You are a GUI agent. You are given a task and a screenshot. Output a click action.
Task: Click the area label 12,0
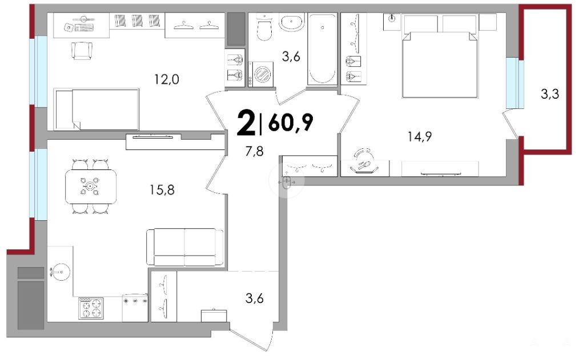coord(167,79)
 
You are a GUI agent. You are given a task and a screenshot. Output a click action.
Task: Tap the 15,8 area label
coord(162,190)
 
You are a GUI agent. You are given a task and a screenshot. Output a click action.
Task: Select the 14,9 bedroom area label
coord(419,137)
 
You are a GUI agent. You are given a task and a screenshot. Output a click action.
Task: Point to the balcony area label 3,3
coord(550,94)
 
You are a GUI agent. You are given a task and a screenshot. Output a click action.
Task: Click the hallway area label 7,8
coord(255,151)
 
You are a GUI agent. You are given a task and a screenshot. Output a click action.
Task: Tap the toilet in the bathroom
coord(265,27)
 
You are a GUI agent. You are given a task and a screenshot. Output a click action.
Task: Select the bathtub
coord(323,49)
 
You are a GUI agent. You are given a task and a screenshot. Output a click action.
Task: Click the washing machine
coord(260,74)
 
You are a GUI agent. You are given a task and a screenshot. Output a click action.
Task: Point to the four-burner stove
coord(91,308)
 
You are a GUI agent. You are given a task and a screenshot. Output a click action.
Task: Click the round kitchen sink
coord(60,272)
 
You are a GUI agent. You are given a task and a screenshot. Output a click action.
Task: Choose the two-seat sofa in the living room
coord(185,247)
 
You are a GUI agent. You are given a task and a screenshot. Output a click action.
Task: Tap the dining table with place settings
coord(90,187)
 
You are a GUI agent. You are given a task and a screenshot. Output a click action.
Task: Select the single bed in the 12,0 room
coord(97,109)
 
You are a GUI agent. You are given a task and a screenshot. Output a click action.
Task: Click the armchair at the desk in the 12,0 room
coord(82,51)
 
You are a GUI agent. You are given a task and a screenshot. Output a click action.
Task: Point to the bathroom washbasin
coord(292,22)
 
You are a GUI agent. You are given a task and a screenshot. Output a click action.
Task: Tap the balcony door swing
coord(510,124)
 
